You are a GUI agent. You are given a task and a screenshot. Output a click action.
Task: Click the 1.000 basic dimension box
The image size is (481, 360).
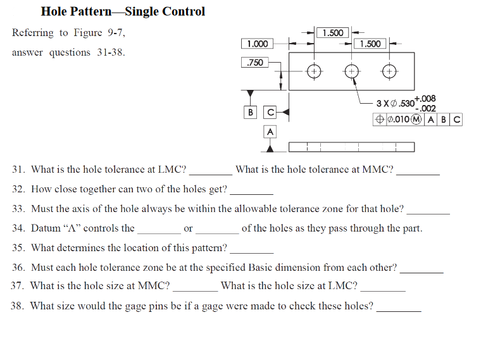click(x=257, y=44)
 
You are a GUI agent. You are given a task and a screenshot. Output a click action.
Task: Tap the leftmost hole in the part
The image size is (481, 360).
click(x=313, y=71)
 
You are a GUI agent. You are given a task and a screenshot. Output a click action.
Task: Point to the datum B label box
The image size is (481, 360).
click(x=251, y=112)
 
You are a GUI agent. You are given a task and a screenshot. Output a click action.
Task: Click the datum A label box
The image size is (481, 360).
click(x=270, y=132)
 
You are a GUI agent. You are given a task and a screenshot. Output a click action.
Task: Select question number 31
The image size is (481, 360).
click(x=19, y=170)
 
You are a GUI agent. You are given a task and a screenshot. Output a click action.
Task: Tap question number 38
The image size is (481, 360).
click(x=18, y=306)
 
